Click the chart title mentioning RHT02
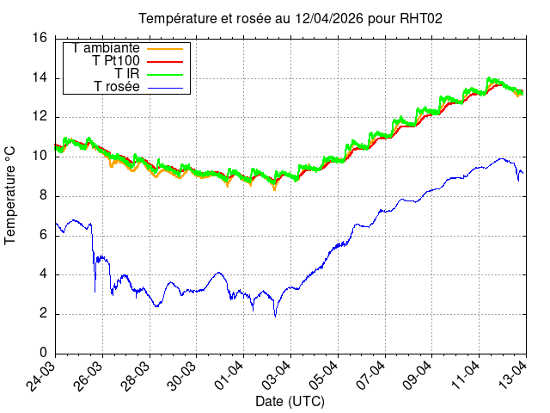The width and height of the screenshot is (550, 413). pos(290,18)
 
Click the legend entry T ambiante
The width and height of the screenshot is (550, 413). pos(107,48)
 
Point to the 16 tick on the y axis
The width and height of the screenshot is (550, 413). pos(40,39)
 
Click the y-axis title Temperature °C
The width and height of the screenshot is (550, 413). pos(11,194)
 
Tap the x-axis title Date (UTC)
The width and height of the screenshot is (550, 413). pos(290,402)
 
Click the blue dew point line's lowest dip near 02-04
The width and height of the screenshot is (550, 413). pos(275,316)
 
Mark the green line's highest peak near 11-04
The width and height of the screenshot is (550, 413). pos(490,78)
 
